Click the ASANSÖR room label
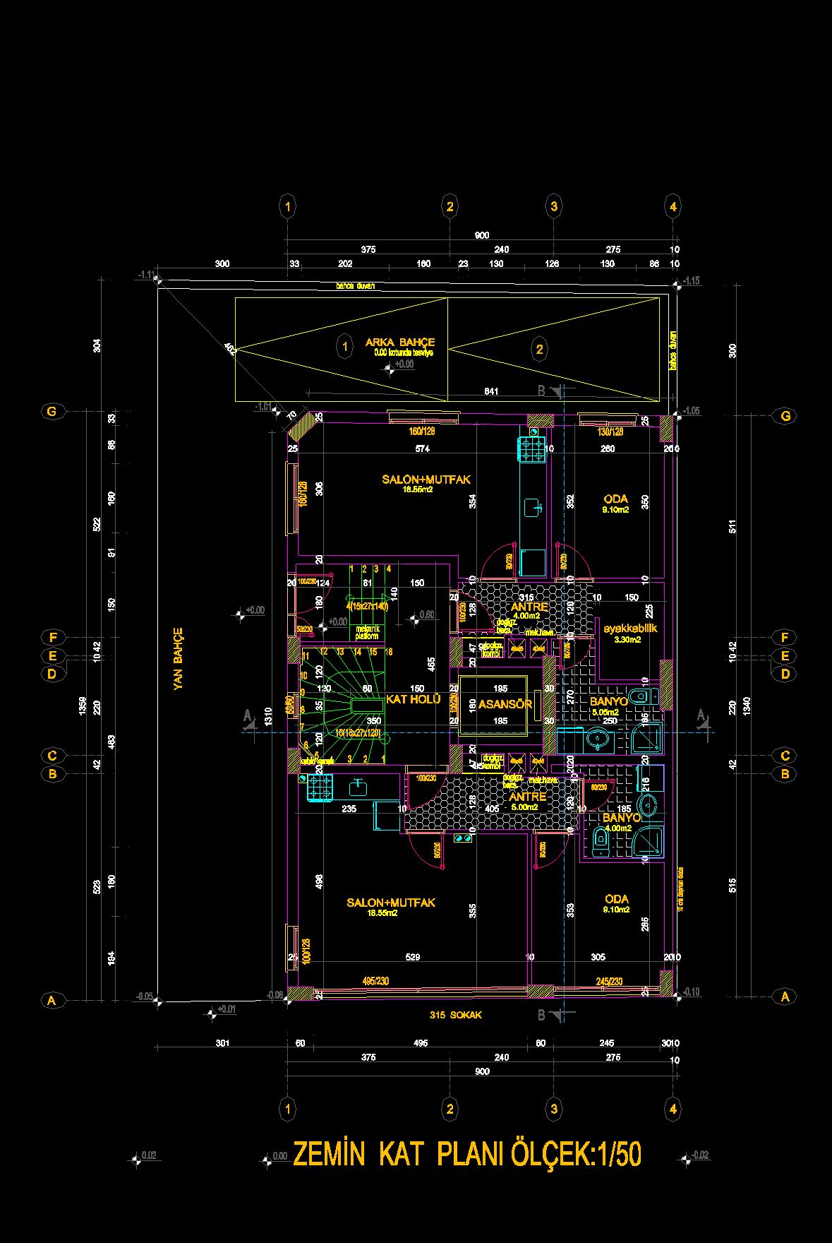point(505,704)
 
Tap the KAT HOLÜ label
point(413,699)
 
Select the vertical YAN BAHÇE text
point(178,658)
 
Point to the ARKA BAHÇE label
point(400,343)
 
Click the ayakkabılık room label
point(630,627)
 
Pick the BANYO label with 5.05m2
point(608,701)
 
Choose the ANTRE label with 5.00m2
point(528,797)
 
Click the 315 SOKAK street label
point(456,1015)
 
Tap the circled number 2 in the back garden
point(540,349)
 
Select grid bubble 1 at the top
point(287,207)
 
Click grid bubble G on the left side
point(52,412)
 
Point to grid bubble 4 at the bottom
point(673,1109)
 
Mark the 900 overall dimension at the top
point(482,235)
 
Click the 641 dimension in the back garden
point(491,391)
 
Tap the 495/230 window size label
point(375,981)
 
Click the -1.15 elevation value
point(692,281)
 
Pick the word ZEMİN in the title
point(328,1155)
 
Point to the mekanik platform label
point(367,632)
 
